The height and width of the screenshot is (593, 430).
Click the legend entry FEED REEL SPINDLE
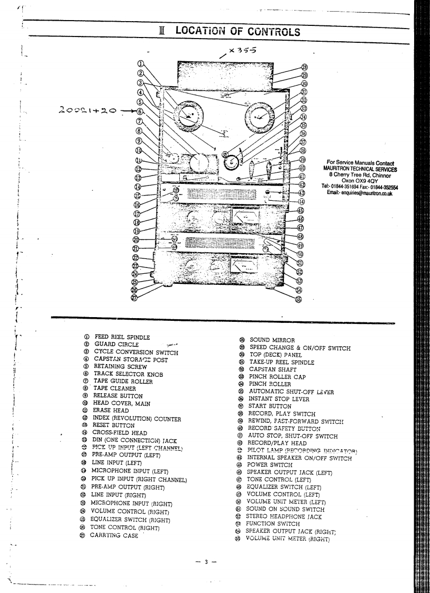coord(122,337)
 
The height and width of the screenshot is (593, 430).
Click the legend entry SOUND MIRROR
coord(272,340)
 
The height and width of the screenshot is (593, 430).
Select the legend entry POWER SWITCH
coord(270,465)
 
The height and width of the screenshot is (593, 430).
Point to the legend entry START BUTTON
coord(270,406)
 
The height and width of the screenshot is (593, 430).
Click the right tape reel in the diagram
coord(260,115)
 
